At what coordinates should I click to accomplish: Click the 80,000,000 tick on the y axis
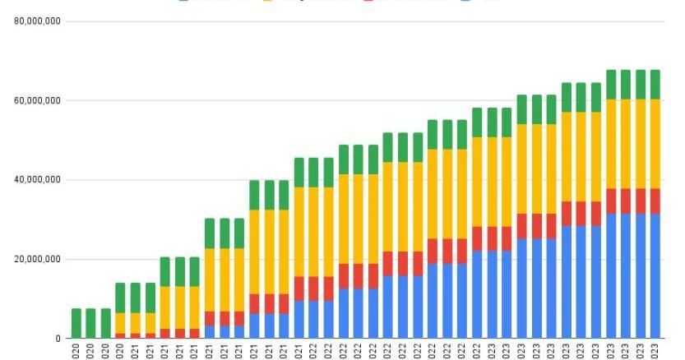click(38, 21)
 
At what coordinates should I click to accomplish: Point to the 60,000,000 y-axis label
click(38, 101)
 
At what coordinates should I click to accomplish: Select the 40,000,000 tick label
click(38, 180)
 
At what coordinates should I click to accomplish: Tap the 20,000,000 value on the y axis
click(38, 260)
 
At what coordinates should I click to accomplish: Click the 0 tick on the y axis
click(57, 339)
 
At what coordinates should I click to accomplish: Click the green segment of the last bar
click(655, 85)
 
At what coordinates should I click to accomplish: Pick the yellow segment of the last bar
click(655, 144)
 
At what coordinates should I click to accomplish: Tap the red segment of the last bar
click(655, 201)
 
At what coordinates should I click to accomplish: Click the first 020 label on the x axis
click(76, 351)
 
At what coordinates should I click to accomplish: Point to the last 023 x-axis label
click(655, 351)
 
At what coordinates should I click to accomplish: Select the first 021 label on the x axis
click(136, 351)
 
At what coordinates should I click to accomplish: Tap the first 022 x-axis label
click(299, 351)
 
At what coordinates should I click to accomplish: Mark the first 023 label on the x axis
click(521, 351)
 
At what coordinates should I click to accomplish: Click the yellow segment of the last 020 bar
click(121, 323)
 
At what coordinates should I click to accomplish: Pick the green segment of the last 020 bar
click(121, 298)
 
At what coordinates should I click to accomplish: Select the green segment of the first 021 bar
click(136, 298)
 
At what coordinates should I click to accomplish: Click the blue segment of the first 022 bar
click(299, 320)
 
